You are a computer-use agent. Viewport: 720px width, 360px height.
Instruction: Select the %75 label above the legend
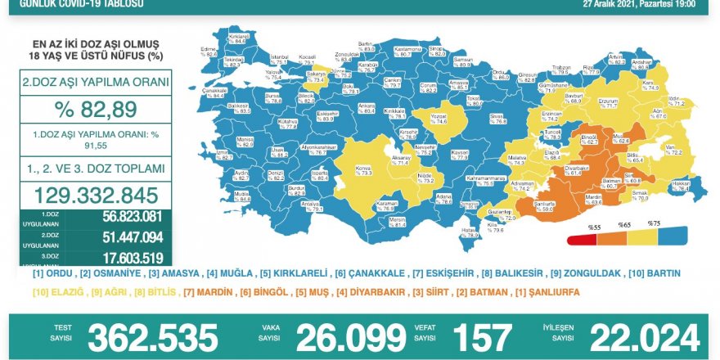(652, 223)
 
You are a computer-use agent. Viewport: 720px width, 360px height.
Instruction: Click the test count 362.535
(153, 336)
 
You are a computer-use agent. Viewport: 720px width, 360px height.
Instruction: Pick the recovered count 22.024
(645, 336)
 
